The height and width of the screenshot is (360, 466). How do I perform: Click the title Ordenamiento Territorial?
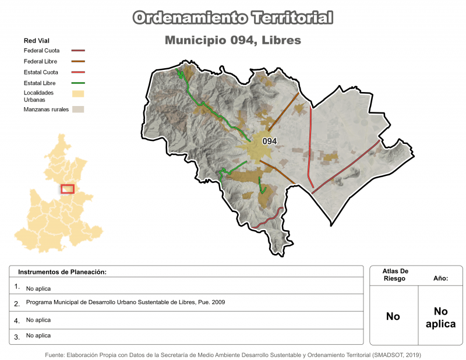[233, 17]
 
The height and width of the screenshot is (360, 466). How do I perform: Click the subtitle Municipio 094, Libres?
[233, 41]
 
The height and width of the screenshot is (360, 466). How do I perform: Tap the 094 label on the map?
[269, 141]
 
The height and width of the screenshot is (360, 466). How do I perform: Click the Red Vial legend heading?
[36, 41]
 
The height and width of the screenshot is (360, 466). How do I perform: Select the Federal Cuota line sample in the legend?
[79, 51]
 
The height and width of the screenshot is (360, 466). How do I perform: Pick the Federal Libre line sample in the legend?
[79, 62]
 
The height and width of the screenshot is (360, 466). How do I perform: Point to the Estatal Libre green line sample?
[79, 84]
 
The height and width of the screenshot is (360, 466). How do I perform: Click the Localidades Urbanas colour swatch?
[79, 94]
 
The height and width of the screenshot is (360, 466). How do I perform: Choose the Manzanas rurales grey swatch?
[79, 110]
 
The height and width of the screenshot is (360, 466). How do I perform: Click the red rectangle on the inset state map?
[68, 189]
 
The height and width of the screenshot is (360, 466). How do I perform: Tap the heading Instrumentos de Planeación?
[62, 272]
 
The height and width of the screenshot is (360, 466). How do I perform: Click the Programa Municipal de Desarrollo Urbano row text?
[125, 302]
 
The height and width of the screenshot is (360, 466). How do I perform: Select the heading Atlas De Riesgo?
[396, 275]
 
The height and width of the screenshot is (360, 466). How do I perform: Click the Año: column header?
[440, 278]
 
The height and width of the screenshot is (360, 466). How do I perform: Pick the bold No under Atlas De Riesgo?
[393, 317]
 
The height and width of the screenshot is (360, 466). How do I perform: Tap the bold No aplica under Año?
[440, 317]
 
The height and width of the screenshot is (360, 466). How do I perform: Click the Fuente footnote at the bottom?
[233, 354]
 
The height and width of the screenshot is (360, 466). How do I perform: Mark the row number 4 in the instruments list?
[17, 320]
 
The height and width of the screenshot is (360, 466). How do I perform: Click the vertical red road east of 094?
[310, 146]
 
